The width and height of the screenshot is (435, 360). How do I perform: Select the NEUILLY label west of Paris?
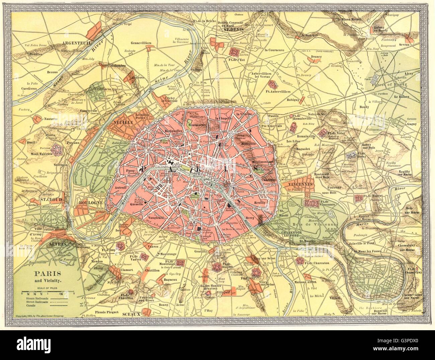click(123, 123)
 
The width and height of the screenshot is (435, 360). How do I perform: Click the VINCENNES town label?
click(299, 184)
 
